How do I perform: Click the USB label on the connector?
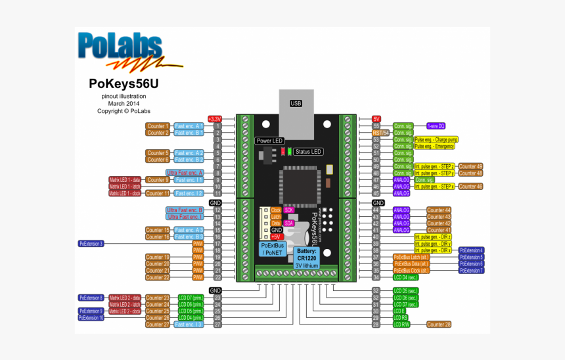point(296,104)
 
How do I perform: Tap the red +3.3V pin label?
point(215,119)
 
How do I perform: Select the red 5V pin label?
point(376,119)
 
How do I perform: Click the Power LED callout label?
point(269,141)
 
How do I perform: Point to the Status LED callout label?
point(308,152)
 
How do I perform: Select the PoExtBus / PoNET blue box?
point(272,249)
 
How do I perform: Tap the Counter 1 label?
point(158,125)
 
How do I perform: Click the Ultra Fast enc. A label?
point(185,173)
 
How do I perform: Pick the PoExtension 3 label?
point(91,244)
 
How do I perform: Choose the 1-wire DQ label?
point(436,125)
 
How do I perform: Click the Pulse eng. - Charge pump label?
point(436,139)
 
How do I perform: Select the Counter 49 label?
point(470,166)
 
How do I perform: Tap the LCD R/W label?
point(401,324)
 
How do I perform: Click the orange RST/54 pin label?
point(381,133)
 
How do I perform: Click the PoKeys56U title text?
point(124,83)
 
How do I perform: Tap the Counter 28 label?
point(439,324)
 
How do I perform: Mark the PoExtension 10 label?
point(91,317)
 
